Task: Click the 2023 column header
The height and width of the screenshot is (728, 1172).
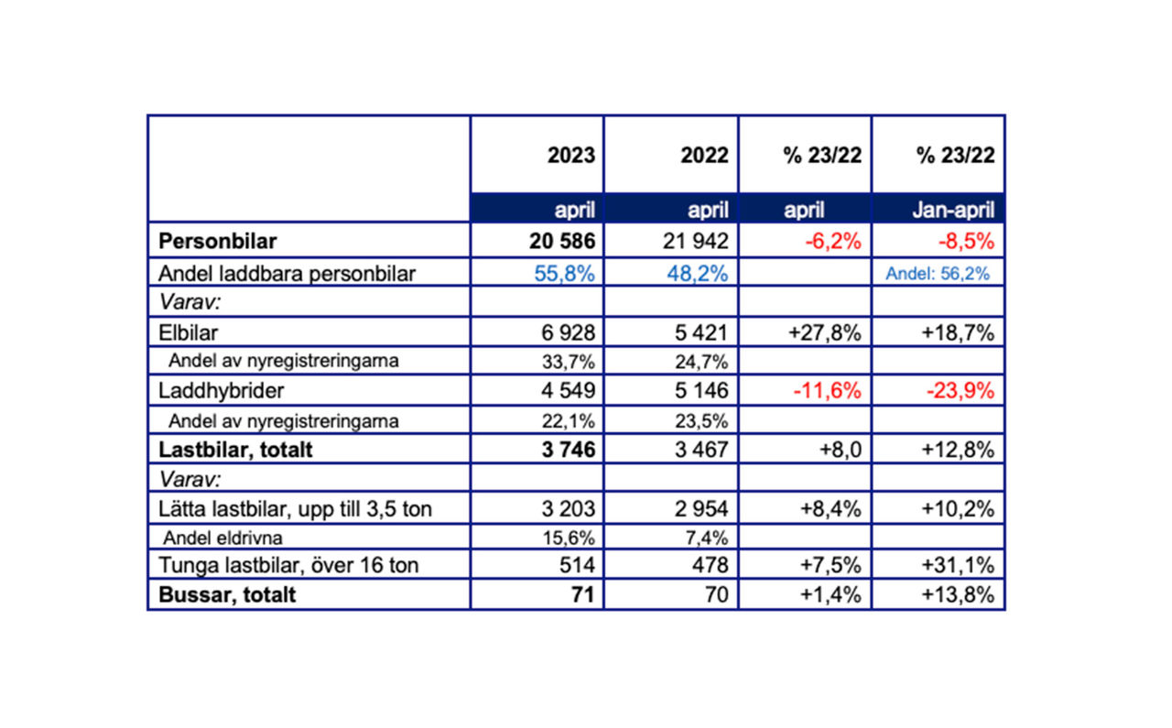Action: coord(571,155)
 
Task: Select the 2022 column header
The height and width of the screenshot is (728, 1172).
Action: coord(704,155)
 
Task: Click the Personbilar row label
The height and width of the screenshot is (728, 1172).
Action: coord(218,242)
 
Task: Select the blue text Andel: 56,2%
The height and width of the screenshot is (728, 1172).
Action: coord(938,273)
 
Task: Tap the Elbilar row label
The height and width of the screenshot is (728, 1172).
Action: coord(189,331)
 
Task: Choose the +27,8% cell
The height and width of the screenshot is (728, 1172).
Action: coord(824,331)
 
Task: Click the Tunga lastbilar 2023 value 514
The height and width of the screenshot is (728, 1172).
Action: coord(577,565)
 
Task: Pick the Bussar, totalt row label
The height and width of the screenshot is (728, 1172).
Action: coord(227,594)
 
